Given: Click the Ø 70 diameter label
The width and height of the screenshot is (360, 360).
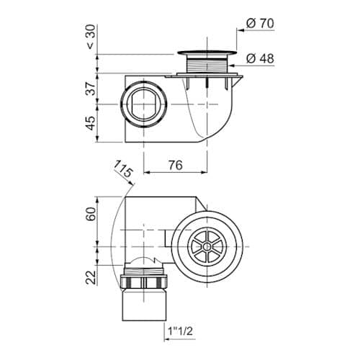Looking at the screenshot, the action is click(x=260, y=24).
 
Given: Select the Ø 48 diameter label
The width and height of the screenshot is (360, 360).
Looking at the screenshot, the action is click(x=260, y=58).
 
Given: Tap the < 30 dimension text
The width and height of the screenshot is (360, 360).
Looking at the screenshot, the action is click(x=91, y=37).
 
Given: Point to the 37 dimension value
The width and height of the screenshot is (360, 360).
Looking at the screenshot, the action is click(x=91, y=89).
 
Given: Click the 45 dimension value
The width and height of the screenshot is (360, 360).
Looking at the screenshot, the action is click(x=91, y=123).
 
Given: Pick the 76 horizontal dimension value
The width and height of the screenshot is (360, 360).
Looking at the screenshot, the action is click(x=176, y=165).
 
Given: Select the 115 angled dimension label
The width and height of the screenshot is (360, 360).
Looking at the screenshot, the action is click(x=123, y=168).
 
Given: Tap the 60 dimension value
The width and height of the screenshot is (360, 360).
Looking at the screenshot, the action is click(x=91, y=214).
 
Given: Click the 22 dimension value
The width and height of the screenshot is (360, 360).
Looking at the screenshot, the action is click(x=91, y=277).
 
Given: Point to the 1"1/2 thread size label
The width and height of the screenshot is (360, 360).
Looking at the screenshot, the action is click(x=180, y=331).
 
